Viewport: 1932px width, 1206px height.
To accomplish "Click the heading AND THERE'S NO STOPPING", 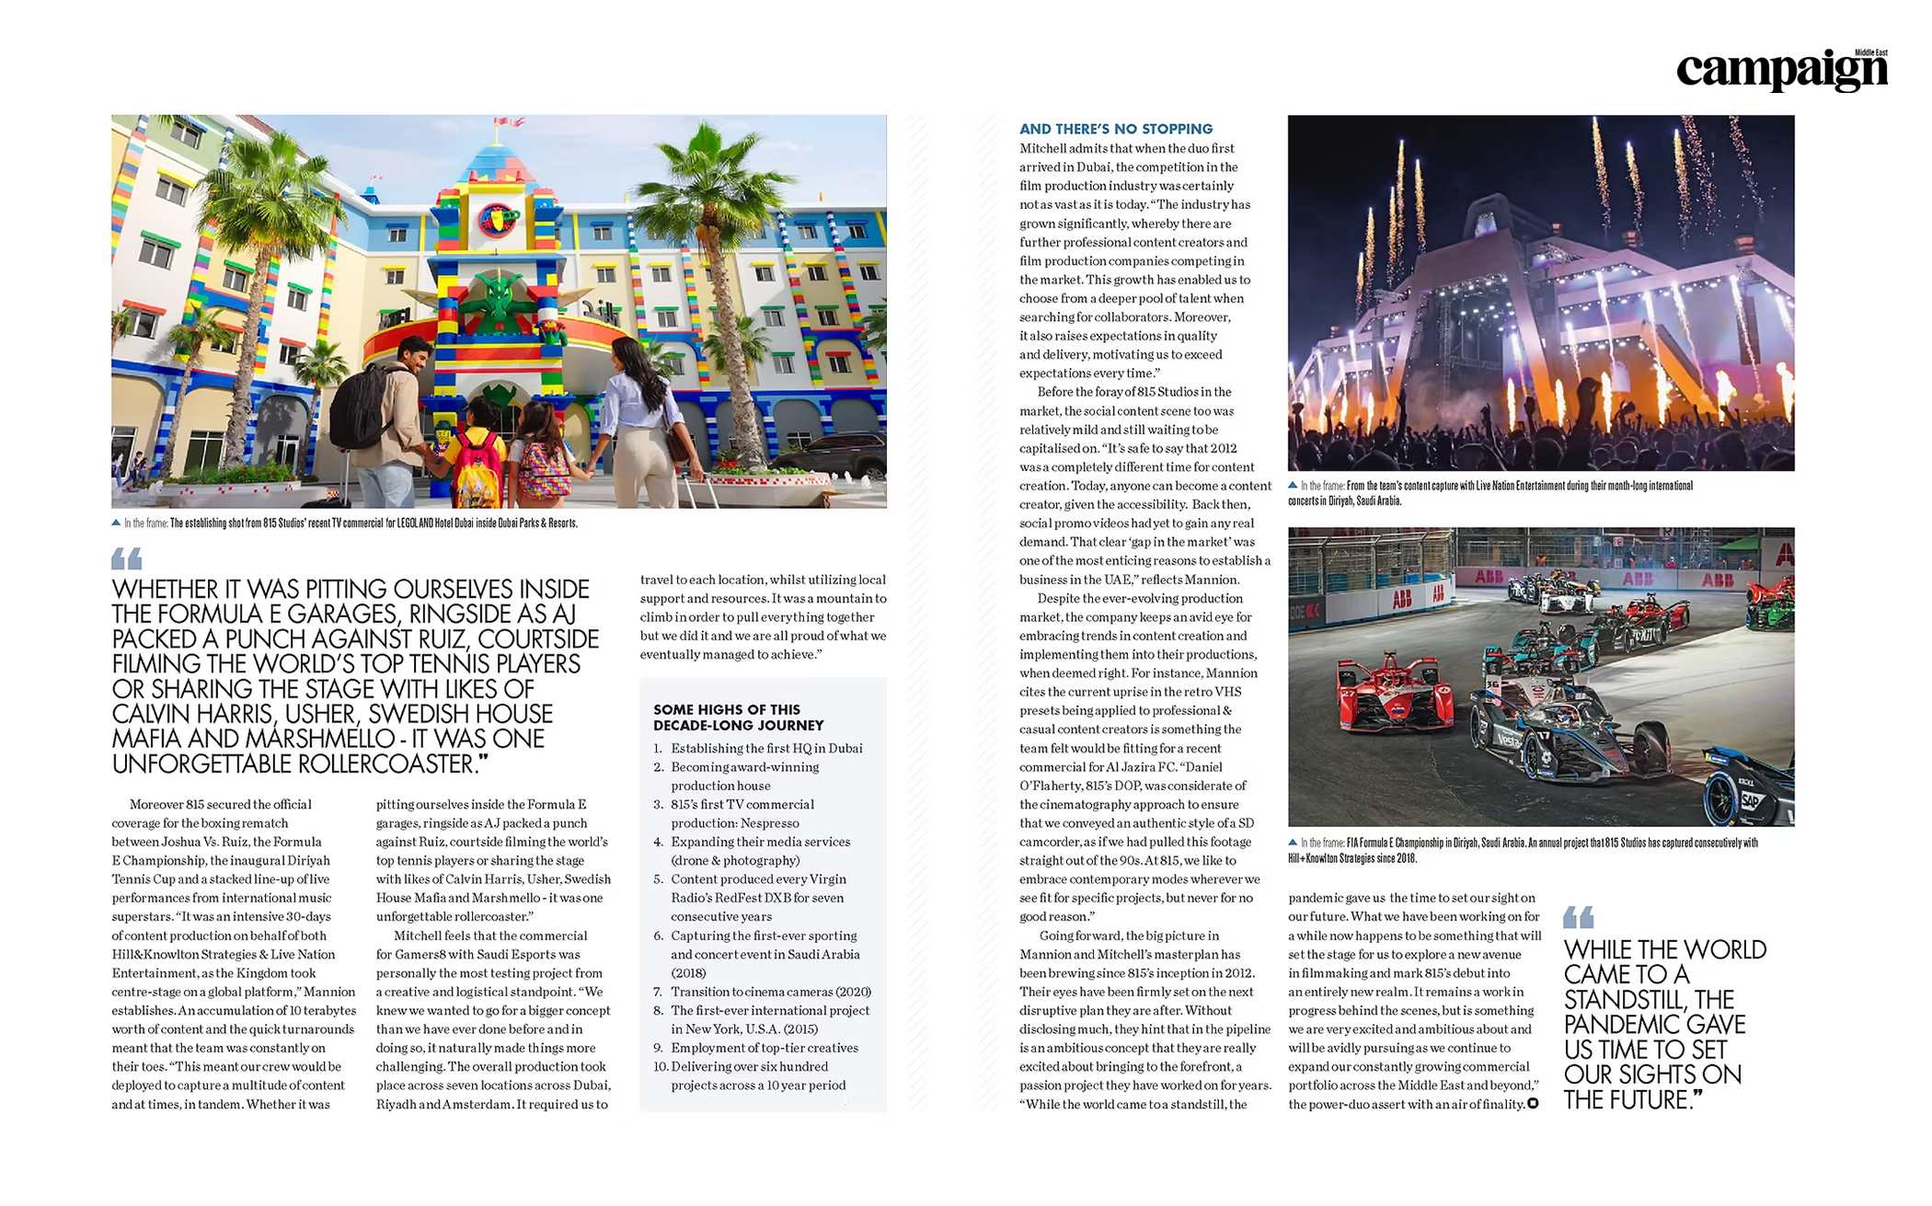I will (1115, 130).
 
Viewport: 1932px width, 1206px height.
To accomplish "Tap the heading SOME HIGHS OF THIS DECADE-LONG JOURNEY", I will (738, 718).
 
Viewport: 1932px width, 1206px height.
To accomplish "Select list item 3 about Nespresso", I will (742, 813).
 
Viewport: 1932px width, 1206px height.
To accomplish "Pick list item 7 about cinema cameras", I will (770, 992).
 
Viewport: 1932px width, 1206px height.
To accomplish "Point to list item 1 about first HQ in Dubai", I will (765, 749).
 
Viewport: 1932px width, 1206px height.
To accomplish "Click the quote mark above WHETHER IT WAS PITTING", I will (127, 558).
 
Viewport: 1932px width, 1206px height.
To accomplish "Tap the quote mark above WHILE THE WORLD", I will (1578, 916).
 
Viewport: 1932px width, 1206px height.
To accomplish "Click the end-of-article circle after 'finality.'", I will (1533, 1104).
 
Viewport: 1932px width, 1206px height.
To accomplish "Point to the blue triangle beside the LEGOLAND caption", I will (116, 523).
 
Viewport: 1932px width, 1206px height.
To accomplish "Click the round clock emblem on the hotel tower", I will (497, 218).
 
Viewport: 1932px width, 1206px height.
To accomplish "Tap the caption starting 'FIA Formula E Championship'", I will (1523, 850).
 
